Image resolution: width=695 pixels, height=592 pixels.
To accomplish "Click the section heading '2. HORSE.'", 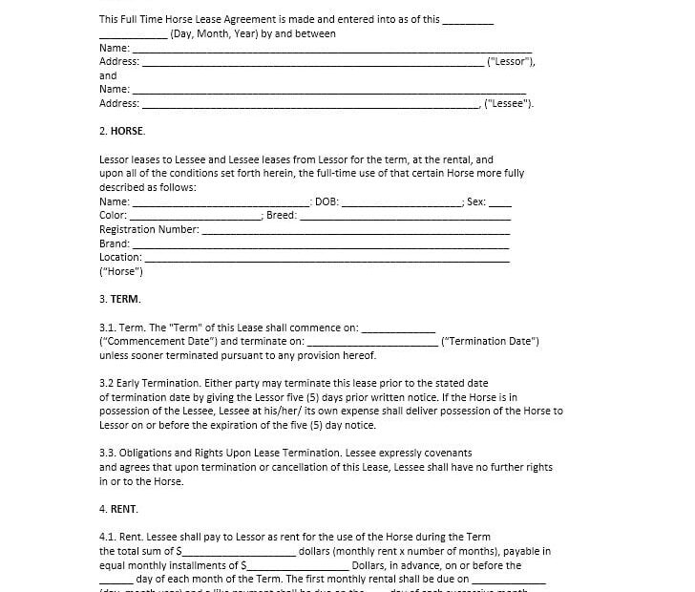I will pos(122,131).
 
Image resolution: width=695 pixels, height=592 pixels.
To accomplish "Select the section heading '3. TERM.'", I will pos(119,299).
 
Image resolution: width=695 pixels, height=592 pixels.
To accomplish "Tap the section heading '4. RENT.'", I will pos(118,509).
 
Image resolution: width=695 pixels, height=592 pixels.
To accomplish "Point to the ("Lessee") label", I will pos(509,104).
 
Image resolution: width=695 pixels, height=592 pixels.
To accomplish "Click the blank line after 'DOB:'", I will pos(401,202).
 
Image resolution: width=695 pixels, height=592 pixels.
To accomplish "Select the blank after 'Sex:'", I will pos(500,202).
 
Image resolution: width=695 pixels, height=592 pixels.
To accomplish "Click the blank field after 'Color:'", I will pos(195,216).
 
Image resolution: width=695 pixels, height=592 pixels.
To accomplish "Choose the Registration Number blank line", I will pos(355,230).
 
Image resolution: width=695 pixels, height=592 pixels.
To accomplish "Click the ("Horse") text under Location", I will pos(120,271).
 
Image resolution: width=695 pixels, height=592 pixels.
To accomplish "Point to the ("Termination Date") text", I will pos(490,341).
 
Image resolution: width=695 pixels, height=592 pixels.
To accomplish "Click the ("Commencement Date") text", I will pos(158,341).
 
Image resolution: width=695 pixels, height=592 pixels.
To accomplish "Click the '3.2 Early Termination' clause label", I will pos(150,383).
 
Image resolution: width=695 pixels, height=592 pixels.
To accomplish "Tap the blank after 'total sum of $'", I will pos(239,552).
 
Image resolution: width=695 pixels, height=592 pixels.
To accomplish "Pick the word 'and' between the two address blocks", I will pos(108,75).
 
